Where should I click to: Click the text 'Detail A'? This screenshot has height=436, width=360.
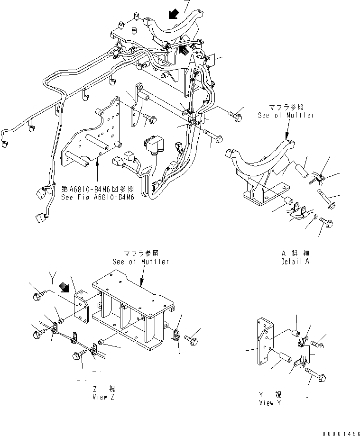click(x=295, y=261)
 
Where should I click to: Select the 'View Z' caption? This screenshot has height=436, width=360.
click(x=103, y=398)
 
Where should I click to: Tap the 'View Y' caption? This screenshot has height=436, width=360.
click(x=273, y=403)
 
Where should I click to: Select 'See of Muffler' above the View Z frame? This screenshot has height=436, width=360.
click(x=140, y=262)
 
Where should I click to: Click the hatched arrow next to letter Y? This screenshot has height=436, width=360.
click(x=63, y=288)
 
